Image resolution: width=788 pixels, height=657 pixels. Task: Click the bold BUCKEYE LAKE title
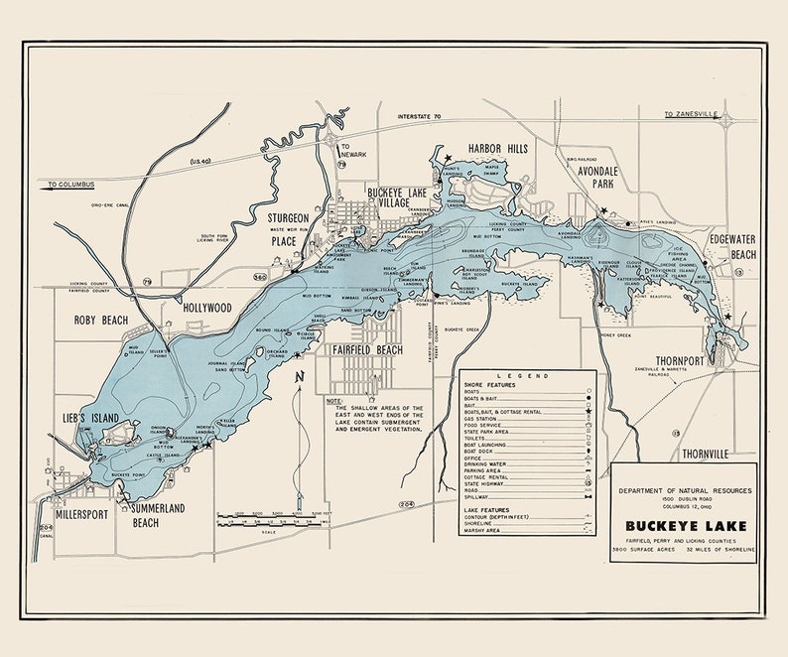point(684,527)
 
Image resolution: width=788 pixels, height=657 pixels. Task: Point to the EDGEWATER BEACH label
point(731,247)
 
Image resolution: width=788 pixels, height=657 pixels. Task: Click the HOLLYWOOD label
point(205,309)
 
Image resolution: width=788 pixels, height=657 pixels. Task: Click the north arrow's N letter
point(298,378)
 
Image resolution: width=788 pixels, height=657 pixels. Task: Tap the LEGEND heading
point(528,378)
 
